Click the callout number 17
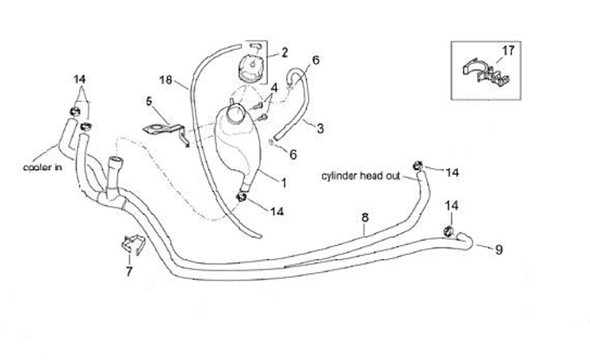[x=508, y=51]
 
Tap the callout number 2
[x=284, y=53]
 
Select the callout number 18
[x=165, y=80]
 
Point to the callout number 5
[x=149, y=102]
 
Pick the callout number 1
[x=284, y=180]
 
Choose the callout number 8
[x=365, y=217]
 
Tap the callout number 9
[x=499, y=246]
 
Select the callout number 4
[x=275, y=87]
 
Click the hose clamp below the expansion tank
[x=243, y=196]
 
